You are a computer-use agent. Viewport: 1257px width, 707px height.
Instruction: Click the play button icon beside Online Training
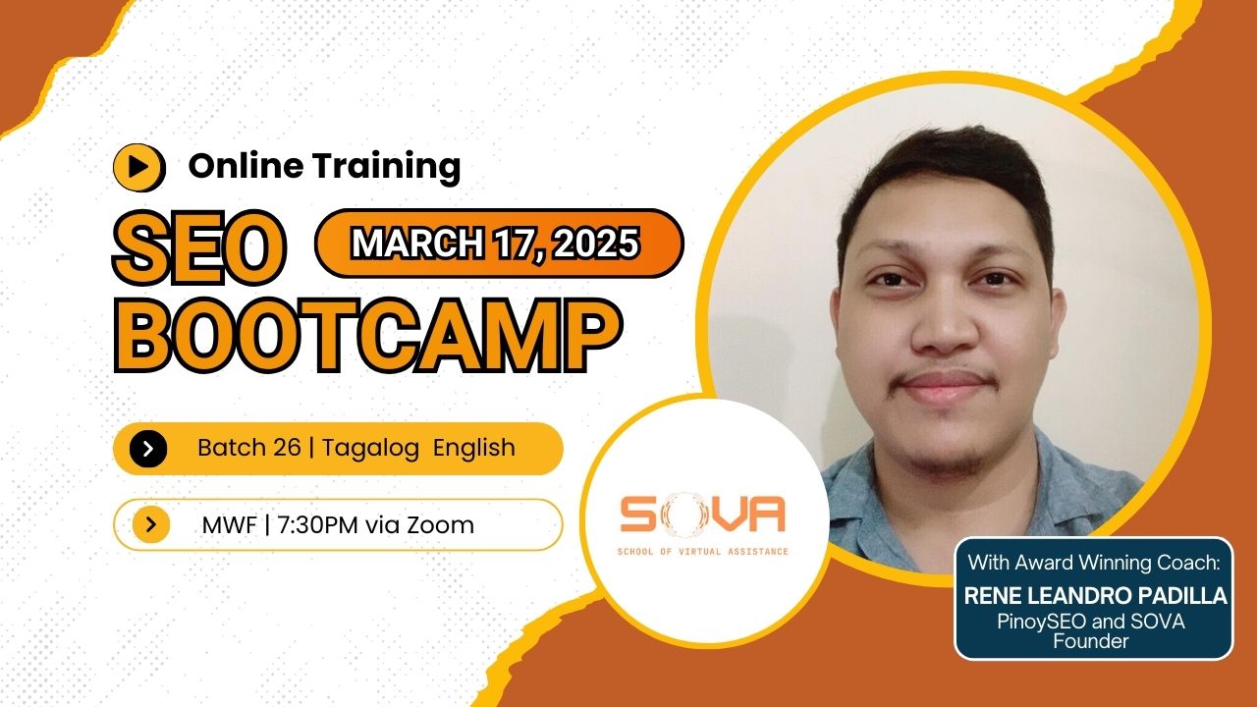pos(138,167)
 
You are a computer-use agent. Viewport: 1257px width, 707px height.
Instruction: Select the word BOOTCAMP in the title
pos(366,337)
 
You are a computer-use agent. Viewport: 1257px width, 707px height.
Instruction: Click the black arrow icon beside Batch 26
pos(148,449)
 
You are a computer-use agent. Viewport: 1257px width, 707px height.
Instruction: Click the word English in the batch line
pos(474,448)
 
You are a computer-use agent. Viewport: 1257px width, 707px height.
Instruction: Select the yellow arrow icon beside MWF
pos(151,524)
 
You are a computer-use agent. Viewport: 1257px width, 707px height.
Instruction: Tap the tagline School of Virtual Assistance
pos(702,552)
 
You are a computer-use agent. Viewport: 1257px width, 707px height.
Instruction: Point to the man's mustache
pos(945,376)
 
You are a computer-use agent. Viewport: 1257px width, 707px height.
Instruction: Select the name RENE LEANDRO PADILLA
pos(1095,596)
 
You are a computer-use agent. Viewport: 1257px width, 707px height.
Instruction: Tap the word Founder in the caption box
pos(1093,641)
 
